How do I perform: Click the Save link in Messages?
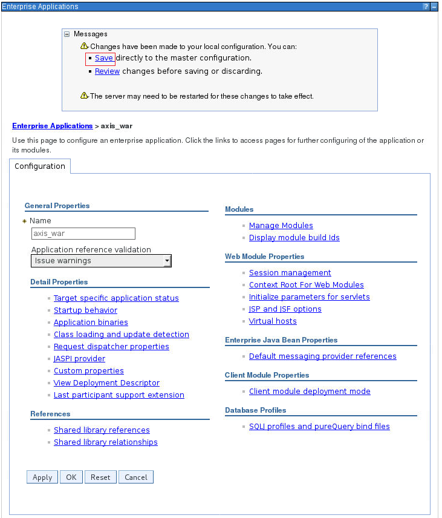(104, 58)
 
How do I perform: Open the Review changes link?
(107, 71)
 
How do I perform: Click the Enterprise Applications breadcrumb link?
(53, 126)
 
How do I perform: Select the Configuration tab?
(40, 166)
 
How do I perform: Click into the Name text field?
(83, 234)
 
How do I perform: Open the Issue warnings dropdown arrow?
(167, 261)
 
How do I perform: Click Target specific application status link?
(116, 298)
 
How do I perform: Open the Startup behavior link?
(85, 310)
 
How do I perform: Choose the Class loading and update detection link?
(121, 335)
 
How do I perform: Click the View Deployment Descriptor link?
(106, 383)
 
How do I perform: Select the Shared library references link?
(102, 430)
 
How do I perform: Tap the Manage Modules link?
(281, 226)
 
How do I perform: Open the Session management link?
(290, 273)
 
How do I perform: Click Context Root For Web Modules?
(306, 285)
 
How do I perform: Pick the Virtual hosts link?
(273, 321)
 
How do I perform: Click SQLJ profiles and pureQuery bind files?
(319, 427)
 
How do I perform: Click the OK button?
(71, 477)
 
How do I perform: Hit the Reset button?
(100, 477)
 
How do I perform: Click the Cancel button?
(136, 477)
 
